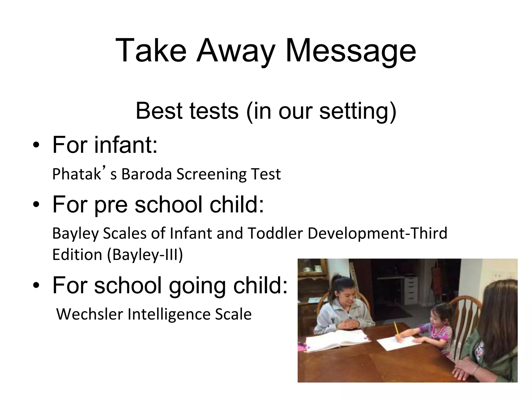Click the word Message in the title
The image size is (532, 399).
click(350, 51)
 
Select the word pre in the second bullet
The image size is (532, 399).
click(111, 205)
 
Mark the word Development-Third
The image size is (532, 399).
click(377, 234)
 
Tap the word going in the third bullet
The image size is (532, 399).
click(197, 286)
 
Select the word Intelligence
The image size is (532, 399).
click(169, 314)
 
